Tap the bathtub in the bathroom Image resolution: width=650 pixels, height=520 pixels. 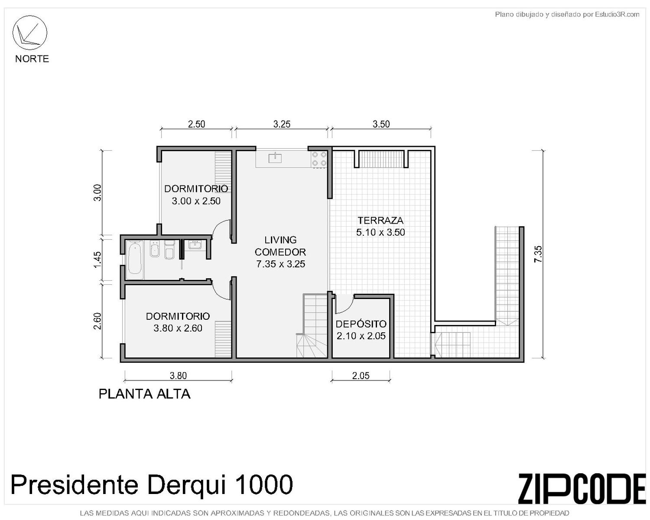pyautogui.click(x=134, y=260)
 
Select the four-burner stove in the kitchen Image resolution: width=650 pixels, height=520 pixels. pyautogui.click(x=319, y=159)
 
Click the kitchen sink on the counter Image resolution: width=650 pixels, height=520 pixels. pyautogui.click(x=275, y=157)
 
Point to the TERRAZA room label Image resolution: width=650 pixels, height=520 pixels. pyautogui.click(x=380, y=220)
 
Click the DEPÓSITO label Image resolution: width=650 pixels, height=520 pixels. pyautogui.click(x=361, y=324)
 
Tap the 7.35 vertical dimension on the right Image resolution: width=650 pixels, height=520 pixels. pyautogui.click(x=538, y=254)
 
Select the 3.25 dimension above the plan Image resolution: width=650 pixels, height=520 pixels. pyautogui.click(x=282, y=124)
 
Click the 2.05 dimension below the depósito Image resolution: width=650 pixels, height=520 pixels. pyautogui.click(x=361, y=376)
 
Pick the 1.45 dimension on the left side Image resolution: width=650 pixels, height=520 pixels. pyautogui.click(x=97, y=259)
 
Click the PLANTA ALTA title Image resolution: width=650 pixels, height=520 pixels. pyautogui.click(x=145, y=394)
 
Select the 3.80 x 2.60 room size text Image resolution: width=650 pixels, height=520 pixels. pyautogui.click(x=178, y=328)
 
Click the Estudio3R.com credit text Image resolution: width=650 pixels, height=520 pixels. pyautogui.click(x=617, y=14)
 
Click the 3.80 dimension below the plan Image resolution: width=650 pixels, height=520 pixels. pyautogui.click(x=178, y=376)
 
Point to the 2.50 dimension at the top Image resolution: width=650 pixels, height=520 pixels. pyautogui.click(x=196, y=124)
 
